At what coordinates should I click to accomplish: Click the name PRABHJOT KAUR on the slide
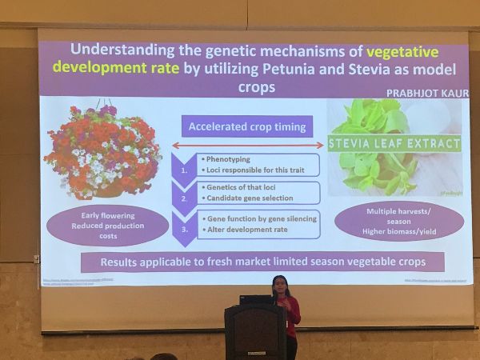pos(427,94)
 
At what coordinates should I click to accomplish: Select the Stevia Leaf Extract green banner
pos(395,144)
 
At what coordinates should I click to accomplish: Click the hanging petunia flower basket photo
pos(102,150)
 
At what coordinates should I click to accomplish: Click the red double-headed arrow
pos(244,146)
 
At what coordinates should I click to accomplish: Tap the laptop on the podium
pos(256,300)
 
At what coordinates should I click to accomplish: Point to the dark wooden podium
pos(254,331)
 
